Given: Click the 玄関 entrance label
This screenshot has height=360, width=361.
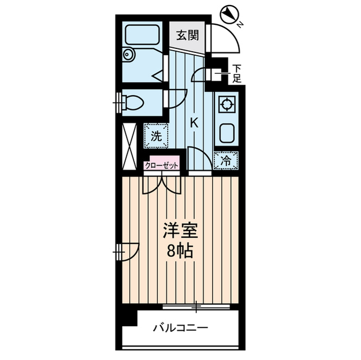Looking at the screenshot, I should (187, 35).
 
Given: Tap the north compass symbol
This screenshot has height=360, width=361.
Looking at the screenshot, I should (228, 15).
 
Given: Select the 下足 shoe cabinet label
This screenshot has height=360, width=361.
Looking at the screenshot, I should (237, 73).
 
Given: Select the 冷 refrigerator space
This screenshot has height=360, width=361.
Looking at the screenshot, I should (226, 161).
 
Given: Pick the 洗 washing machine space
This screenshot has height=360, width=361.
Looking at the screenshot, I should (155, 135).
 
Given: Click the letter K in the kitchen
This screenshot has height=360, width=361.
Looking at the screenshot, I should (193, 122).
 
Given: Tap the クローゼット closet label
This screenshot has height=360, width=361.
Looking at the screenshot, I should (162, 165).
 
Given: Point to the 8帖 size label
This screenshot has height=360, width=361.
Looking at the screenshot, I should (179, 251).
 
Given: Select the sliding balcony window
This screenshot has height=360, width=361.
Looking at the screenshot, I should (196, 307).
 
